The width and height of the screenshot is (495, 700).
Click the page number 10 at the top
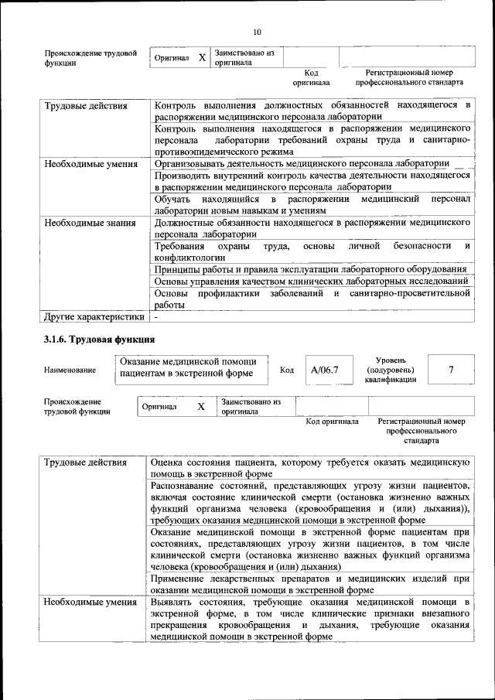click(x=257, y=32)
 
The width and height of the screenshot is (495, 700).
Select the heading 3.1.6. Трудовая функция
click(x=100, y=339)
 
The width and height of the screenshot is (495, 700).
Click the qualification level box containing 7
click(x=450, y=370)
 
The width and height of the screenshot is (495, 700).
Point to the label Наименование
click(x=70, y=370)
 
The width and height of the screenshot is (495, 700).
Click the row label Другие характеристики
click(x=94, y=316)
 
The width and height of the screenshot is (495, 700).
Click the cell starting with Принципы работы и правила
click(x=310, y=269)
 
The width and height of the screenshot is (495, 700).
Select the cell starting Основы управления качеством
click(x=310, y=281)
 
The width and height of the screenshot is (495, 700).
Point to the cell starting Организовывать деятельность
click(x=302, y=163)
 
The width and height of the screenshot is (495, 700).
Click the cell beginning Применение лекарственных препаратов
click(x=310, y=584)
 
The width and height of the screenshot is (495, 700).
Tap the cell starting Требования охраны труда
click(x=312, y=251)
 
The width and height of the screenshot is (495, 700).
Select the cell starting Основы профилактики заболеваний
click(x=312, y=299)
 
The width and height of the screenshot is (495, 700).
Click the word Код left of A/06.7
click(x=287, y=370)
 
